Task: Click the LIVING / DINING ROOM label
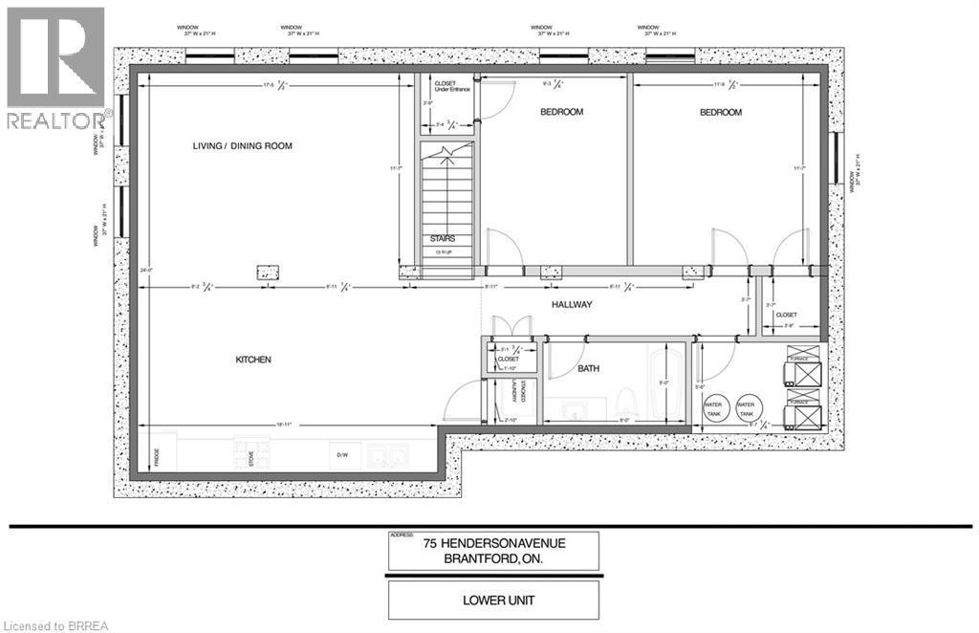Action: (242, 146)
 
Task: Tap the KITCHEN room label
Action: (254, 360)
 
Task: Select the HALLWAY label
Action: (573, 304)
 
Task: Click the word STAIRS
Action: (442, 238)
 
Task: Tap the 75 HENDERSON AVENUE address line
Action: (494, 543)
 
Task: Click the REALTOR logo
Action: (55, 68)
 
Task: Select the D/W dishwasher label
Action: (339, 456)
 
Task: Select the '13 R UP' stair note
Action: (442, 251)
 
